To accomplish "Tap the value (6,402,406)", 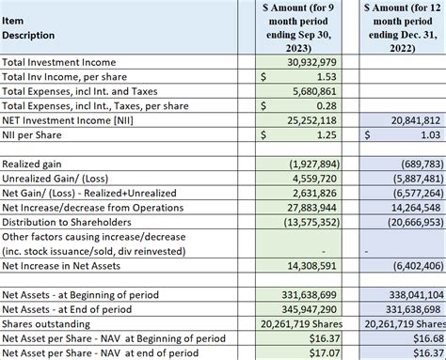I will click(413, 266).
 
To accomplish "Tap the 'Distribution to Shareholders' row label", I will click(72, 222).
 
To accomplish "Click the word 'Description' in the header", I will click(29, 36).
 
